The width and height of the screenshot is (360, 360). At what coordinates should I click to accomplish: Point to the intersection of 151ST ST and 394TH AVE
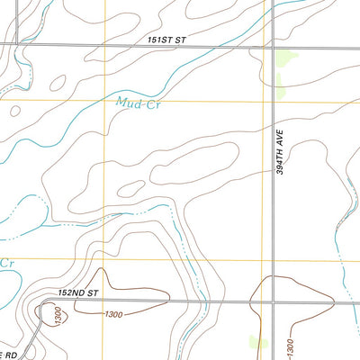point(273,45)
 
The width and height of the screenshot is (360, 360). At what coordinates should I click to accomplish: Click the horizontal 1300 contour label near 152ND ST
point(113,314)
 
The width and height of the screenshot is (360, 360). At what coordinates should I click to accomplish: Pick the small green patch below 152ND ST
point(252,341)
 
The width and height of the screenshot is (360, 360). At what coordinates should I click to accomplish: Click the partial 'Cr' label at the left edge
point(7,264)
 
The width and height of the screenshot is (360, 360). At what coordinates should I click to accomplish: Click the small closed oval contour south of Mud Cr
point(132,188)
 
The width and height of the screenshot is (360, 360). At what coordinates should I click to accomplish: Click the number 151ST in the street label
point(160,40)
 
